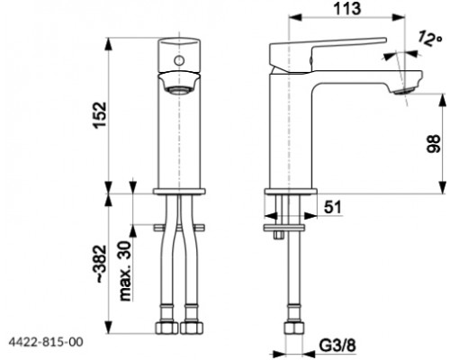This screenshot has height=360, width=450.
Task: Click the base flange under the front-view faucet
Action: coord(181,190)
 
